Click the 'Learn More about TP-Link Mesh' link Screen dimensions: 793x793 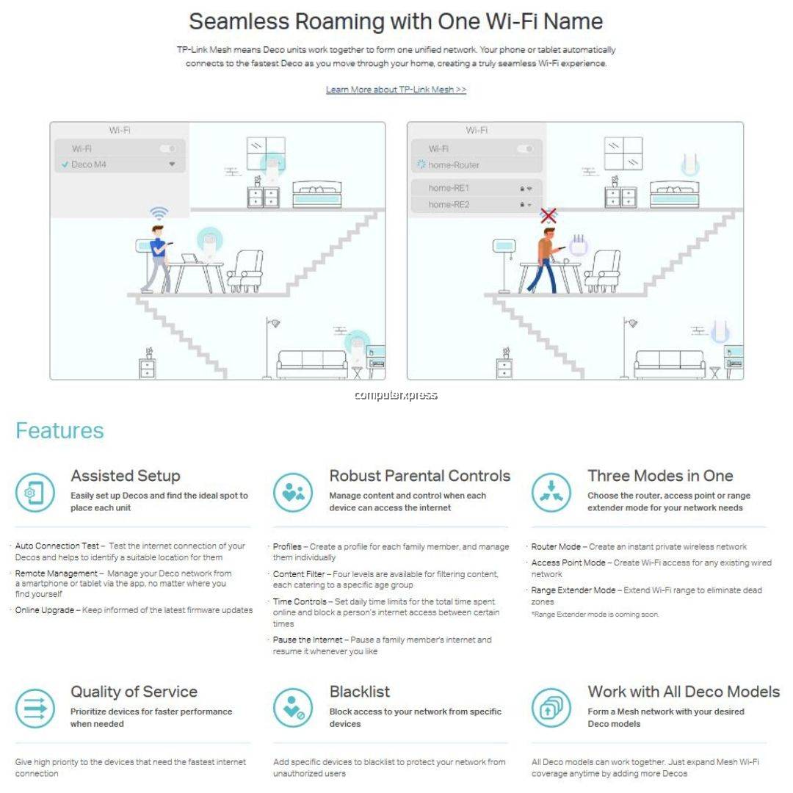[396, 90]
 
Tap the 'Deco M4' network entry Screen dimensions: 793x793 [89, 164]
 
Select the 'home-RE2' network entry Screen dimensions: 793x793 [449, 205]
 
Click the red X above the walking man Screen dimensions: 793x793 [548, 216]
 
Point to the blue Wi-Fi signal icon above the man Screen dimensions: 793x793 [159, 213]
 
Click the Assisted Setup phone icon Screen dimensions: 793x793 [35, 492]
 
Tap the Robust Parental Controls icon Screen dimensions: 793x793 [293, 492]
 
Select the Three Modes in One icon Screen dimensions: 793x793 [551, 492]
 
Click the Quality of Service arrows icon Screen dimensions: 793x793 [35, 708]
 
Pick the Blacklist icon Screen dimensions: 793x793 [293, 708]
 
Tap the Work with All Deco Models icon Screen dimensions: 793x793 [551, 708]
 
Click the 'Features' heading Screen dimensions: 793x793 [59, 430]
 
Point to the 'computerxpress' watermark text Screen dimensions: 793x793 [396, 395]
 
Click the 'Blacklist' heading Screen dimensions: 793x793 [360, 692]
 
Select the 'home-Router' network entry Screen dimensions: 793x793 [454, 165]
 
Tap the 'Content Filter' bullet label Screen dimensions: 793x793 [301, 574]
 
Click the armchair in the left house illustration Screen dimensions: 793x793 [245, 271]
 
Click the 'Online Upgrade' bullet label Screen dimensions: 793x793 [45, 610]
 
